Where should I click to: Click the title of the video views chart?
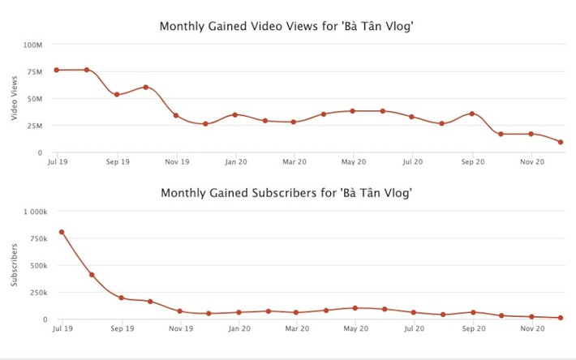(287, 27)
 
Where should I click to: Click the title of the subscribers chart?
(287, 193)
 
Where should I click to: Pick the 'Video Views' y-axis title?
(15, 99)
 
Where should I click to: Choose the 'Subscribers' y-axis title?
(15, 264)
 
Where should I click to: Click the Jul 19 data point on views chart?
(57, 70)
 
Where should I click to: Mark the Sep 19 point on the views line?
(117, 94)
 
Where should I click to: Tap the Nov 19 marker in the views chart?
(176, 115)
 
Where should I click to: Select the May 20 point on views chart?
(353, 111)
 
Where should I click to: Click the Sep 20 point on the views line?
(471, 114)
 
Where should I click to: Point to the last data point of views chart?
(561, 142)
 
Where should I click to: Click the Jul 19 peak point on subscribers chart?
(62, 232)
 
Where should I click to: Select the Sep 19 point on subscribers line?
(121, 298)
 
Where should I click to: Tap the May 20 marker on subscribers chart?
(355, 308)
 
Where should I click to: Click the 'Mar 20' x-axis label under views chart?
(294, 162)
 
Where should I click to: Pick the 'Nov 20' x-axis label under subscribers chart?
(531, 329)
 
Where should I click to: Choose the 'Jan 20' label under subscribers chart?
(239, 329)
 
